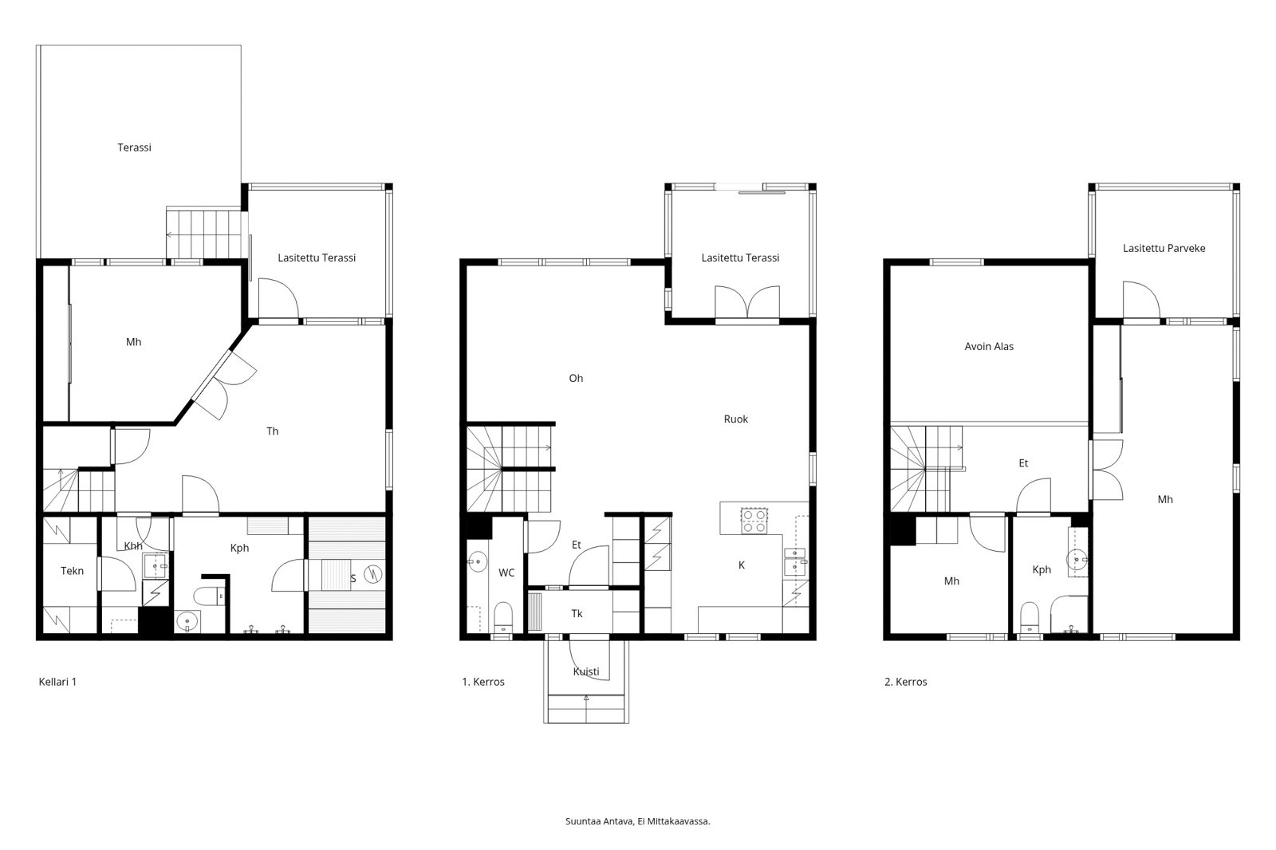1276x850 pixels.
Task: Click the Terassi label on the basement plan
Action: coord(134,148)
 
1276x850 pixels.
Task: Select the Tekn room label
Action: coord(72,571)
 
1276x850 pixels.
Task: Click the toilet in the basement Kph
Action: coord(211,594)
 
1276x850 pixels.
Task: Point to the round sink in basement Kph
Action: coord(188,621)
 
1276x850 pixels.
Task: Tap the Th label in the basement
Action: coord(272,431)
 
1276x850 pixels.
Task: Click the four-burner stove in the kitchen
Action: coord(754,521)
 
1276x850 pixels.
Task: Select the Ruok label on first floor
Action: coord(735,419)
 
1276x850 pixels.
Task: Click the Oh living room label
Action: coord(576,379)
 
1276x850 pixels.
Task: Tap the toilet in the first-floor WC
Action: coord(502,616)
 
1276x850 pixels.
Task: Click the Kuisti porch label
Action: coord(586,672)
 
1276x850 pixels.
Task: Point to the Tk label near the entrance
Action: coord(577,614)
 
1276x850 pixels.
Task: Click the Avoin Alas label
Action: coord(989,347)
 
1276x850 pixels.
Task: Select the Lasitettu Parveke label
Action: coord(1164,248)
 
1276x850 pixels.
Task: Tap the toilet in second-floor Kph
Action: coord(1030,616)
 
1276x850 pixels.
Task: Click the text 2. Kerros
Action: coord(905,683)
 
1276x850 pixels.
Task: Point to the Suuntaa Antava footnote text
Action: coord(637,820)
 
